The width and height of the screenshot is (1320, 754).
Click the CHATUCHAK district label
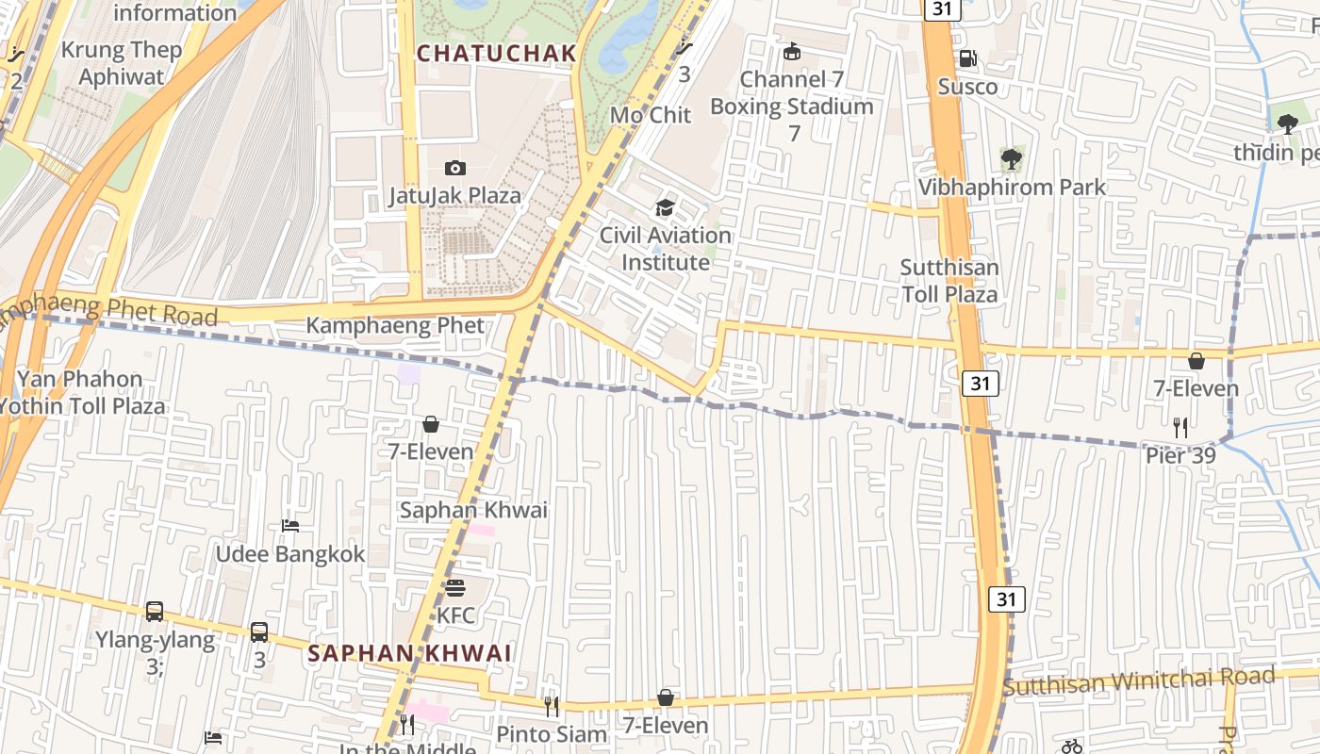coord(496,54)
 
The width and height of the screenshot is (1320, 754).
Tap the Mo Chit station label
coord(651,115)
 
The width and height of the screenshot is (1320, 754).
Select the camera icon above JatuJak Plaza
coord(455,168)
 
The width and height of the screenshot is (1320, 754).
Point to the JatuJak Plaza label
coord(454,196)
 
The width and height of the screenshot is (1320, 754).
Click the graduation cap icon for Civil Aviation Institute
coord(665,207)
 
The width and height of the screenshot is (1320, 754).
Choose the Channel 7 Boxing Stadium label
coord(792,93)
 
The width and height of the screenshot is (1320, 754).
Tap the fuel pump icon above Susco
coord(967,59)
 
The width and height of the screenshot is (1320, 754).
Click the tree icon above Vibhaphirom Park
coord(1012,158)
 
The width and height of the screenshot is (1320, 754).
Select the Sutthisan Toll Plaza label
coord(949,281)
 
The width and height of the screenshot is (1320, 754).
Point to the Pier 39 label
coord(1180,456)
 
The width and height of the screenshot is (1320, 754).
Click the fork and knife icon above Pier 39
coord(1180,428)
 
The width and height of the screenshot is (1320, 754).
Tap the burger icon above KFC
coord(455,588)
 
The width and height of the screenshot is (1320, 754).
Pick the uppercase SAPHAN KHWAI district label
coord(409,653)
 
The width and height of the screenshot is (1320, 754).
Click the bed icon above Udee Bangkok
coord(290,526)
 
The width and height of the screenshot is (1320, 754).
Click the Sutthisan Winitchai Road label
coord(1139,680)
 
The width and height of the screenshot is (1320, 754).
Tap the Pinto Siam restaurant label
coord(552,734)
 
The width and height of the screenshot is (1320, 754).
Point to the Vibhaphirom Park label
coord(1012,188)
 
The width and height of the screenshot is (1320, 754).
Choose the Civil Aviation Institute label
coord(665,249)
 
